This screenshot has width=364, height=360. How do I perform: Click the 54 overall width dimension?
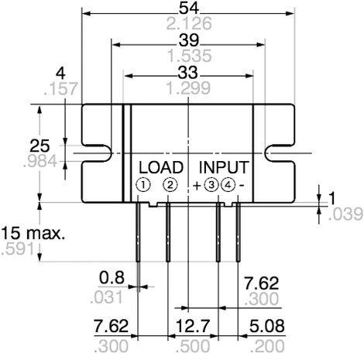[x=189, y=8]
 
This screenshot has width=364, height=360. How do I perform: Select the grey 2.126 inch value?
[x=189, y=23]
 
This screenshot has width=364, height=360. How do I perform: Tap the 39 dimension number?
[x=189, y=40]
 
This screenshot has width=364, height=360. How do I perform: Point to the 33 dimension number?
[x=187, y=72]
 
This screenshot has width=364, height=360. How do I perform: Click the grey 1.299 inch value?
[x=188, y=87]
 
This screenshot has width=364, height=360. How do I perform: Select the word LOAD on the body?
[x=161, y=167]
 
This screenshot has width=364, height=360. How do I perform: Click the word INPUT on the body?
[x=224, y=167]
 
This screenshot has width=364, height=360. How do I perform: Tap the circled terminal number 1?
[x=143, y=185]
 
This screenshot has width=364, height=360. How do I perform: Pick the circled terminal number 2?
[x=170, y=185]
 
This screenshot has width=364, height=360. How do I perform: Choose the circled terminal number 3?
[x=211, y=185]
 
